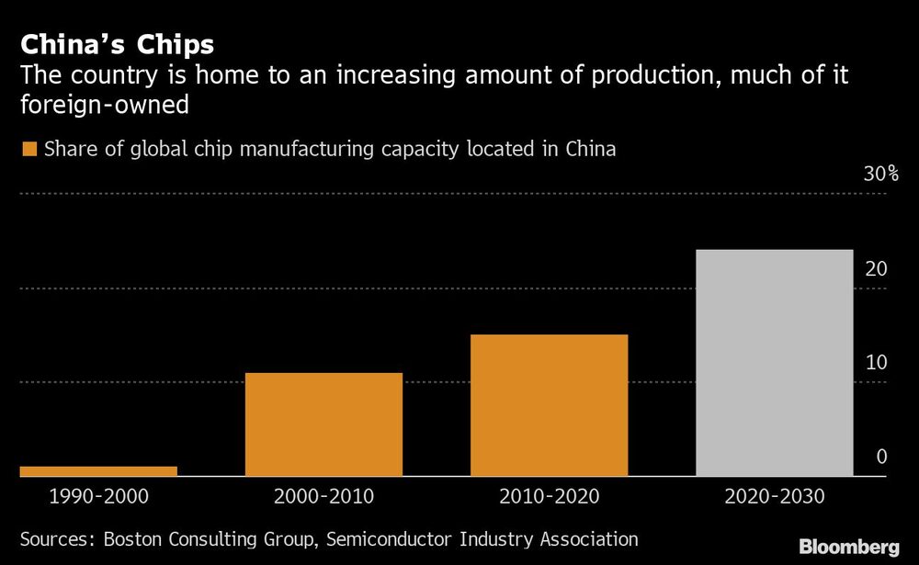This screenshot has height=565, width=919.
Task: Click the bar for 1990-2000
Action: click(x=98, y=471)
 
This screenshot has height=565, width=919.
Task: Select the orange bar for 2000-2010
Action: click(x=323, y=424)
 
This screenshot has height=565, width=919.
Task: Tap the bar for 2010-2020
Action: click(x=549, y=405)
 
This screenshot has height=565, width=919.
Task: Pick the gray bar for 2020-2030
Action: click(x=775, y=363)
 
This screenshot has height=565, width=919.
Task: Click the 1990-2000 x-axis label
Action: click(x=98, y=497)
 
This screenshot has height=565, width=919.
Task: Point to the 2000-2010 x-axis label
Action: click(x=323, y=497)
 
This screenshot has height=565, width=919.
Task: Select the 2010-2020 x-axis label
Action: click(x=549, y=497)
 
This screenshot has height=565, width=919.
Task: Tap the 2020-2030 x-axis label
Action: click(x=775, y=497)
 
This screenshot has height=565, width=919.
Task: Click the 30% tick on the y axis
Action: click(x=880, y=175)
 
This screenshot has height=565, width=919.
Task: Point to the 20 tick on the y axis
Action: click(x=876, y=269)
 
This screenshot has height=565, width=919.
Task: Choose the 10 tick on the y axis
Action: click(x=876, y=363)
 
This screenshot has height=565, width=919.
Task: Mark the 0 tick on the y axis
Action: click(x=881, y=457)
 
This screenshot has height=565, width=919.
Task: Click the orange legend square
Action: click(x=28, y=149)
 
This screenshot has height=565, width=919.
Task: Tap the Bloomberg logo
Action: click(x=849, y=547)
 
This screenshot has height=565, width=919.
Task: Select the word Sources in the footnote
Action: click(x=56, y=539)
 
